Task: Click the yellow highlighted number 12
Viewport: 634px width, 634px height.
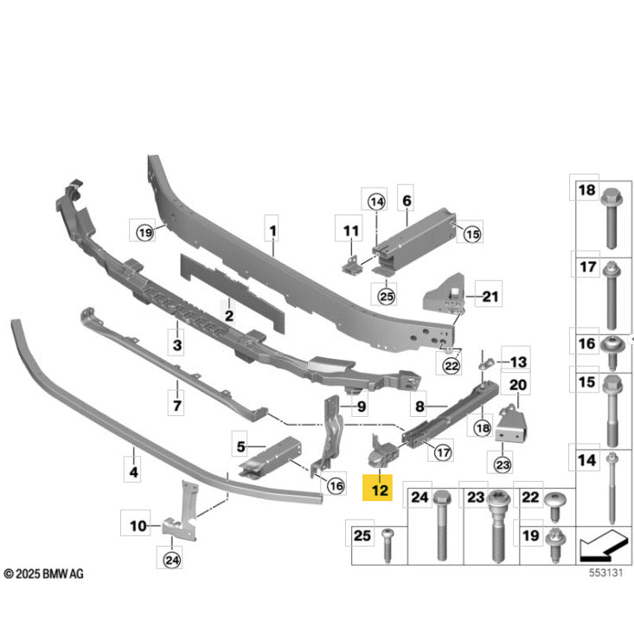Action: [380, 490]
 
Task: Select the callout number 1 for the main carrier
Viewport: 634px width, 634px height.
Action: [273, 231]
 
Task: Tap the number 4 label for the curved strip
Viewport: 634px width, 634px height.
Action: [133, 471]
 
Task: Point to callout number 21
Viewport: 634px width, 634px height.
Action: [490, 297]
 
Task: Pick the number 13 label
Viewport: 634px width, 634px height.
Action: [518, 362]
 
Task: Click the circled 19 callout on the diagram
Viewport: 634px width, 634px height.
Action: [145, 233]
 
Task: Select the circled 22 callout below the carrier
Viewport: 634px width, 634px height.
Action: [451, 366]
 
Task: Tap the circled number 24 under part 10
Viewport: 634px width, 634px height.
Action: [172, 560]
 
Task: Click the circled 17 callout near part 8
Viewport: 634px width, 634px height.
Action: [443, 452]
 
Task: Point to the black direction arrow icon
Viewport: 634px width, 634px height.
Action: [602, 546]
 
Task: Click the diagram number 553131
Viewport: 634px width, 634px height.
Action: [605, 573]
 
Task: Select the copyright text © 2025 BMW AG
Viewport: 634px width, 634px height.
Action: [43, 573]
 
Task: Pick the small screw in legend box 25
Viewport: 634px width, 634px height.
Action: [387, 545]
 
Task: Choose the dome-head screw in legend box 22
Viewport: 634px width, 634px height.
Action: [555, 507]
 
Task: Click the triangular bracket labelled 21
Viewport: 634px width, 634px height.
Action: [444, 294]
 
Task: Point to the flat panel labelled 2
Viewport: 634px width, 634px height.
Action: [232, 293]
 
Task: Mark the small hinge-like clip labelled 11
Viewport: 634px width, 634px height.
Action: [351, 266]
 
